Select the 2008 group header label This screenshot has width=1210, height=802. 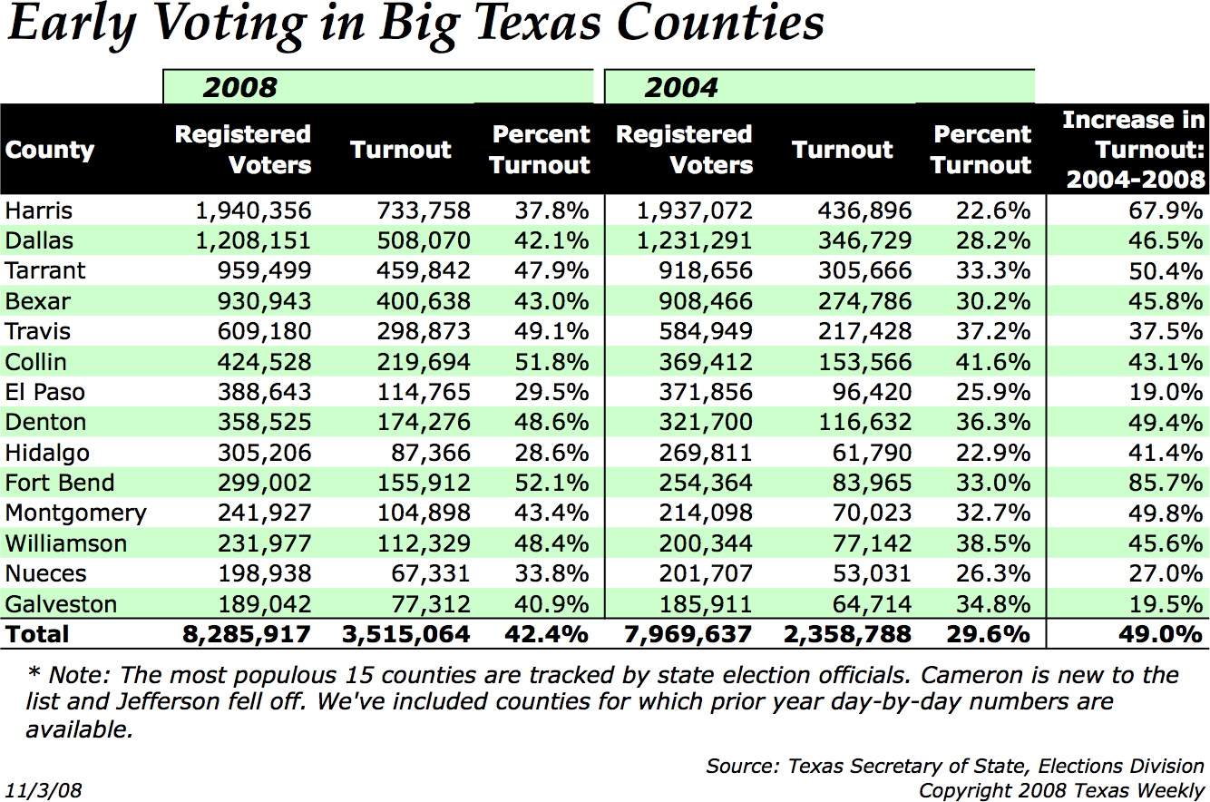point(239,88)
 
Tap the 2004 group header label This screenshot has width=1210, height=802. point(681,88)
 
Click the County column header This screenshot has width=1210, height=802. point(50,151)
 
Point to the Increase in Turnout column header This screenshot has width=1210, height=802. point(1134,150)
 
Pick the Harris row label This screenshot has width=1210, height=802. point(38,210)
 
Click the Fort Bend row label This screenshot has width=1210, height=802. point(60,483)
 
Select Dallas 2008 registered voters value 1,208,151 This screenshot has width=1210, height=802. point(253,241)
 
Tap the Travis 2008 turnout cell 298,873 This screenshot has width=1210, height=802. point(424,331)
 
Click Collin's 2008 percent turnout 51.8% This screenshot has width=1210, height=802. point(551,362)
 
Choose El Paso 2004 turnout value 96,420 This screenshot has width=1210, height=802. point(872,392)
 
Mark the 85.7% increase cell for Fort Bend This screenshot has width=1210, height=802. point(1166,483)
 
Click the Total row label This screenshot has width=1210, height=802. point(36,634)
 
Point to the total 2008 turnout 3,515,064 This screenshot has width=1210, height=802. point(406,634)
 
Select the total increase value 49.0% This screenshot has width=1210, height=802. point(1161,634)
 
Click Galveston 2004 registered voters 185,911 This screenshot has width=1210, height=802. point(706,604)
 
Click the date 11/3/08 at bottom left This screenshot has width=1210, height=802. point(44,790)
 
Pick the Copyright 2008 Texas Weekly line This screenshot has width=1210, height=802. point(1062,790)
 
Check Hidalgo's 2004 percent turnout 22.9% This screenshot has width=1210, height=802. point(993,453)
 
